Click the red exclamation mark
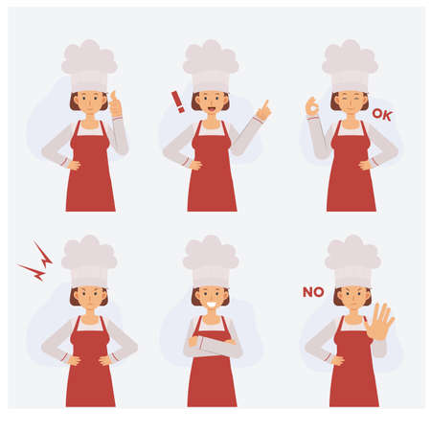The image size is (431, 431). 176,101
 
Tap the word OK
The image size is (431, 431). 381,115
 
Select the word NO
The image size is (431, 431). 312,292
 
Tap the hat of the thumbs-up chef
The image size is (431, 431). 89,60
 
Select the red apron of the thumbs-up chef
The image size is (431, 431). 90,172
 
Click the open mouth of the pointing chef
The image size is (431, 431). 211,106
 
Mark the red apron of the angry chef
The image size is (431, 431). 89,369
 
